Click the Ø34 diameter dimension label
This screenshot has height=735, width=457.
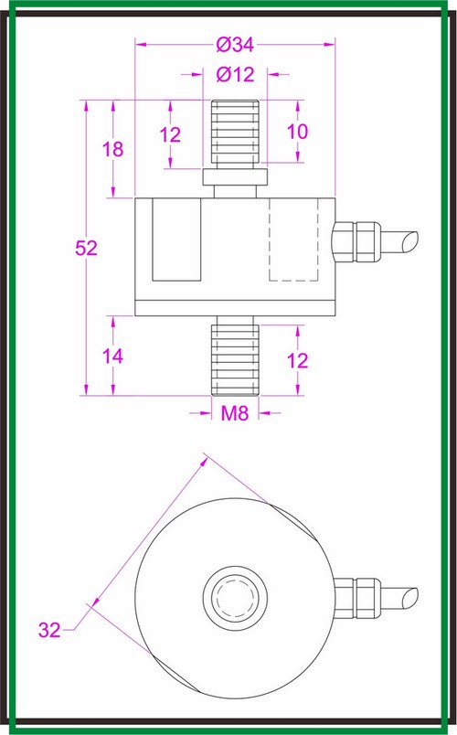pyautogui.click(x=235, y=45)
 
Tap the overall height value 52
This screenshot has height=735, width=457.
pyautogui.click(x=85, y=249)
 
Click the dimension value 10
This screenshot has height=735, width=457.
pyautogui.click(x=297, y=132)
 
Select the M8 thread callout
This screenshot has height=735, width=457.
pyautogui.click(x=235, y=413)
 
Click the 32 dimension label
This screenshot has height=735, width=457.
pyautogui.click(x=51, y=629)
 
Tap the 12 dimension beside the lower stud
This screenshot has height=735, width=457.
pyautogui.click(x=297, y=360)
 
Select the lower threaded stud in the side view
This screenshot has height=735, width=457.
pyautogui.click(x=235, y=357)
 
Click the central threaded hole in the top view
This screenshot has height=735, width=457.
pyautogui.click(x=234, y=600)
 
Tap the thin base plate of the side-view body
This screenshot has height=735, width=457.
pyautogui.click(x=235, y=308)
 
